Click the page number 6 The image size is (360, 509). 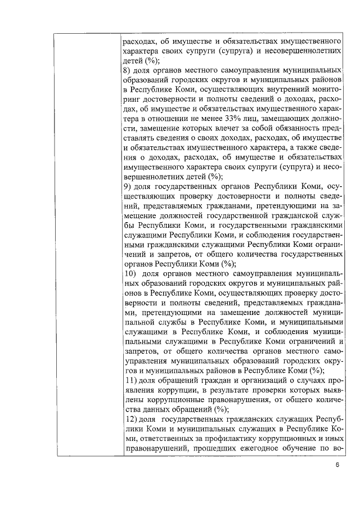coord(336,465)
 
